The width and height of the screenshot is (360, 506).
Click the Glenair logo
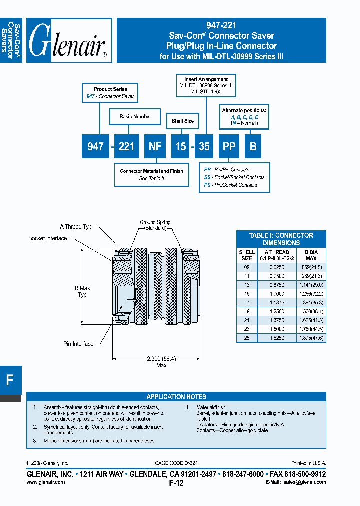(68, 41)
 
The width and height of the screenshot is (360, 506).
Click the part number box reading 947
(95, 146)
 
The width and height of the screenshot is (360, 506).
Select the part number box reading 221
(126, 146)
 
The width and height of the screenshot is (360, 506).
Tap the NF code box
(155, 146)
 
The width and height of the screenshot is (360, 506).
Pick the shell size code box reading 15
(180, 146)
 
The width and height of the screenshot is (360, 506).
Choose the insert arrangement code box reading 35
(204, 146)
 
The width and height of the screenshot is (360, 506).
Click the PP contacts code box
(229, 146)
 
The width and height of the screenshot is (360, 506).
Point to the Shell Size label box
(183, 121)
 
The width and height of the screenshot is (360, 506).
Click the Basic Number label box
(135, 116)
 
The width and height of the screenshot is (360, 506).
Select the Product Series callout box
(110, 93)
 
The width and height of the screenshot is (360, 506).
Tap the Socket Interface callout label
(47, 238)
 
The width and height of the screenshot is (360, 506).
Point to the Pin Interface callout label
(78, 343)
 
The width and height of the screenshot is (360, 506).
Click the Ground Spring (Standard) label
(155, 225)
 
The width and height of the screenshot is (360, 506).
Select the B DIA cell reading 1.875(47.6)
(311, 338)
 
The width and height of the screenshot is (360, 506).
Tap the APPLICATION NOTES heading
(176, 396)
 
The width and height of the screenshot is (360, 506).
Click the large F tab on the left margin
(10, 380)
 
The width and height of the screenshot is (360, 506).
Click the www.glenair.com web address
(45, 482)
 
